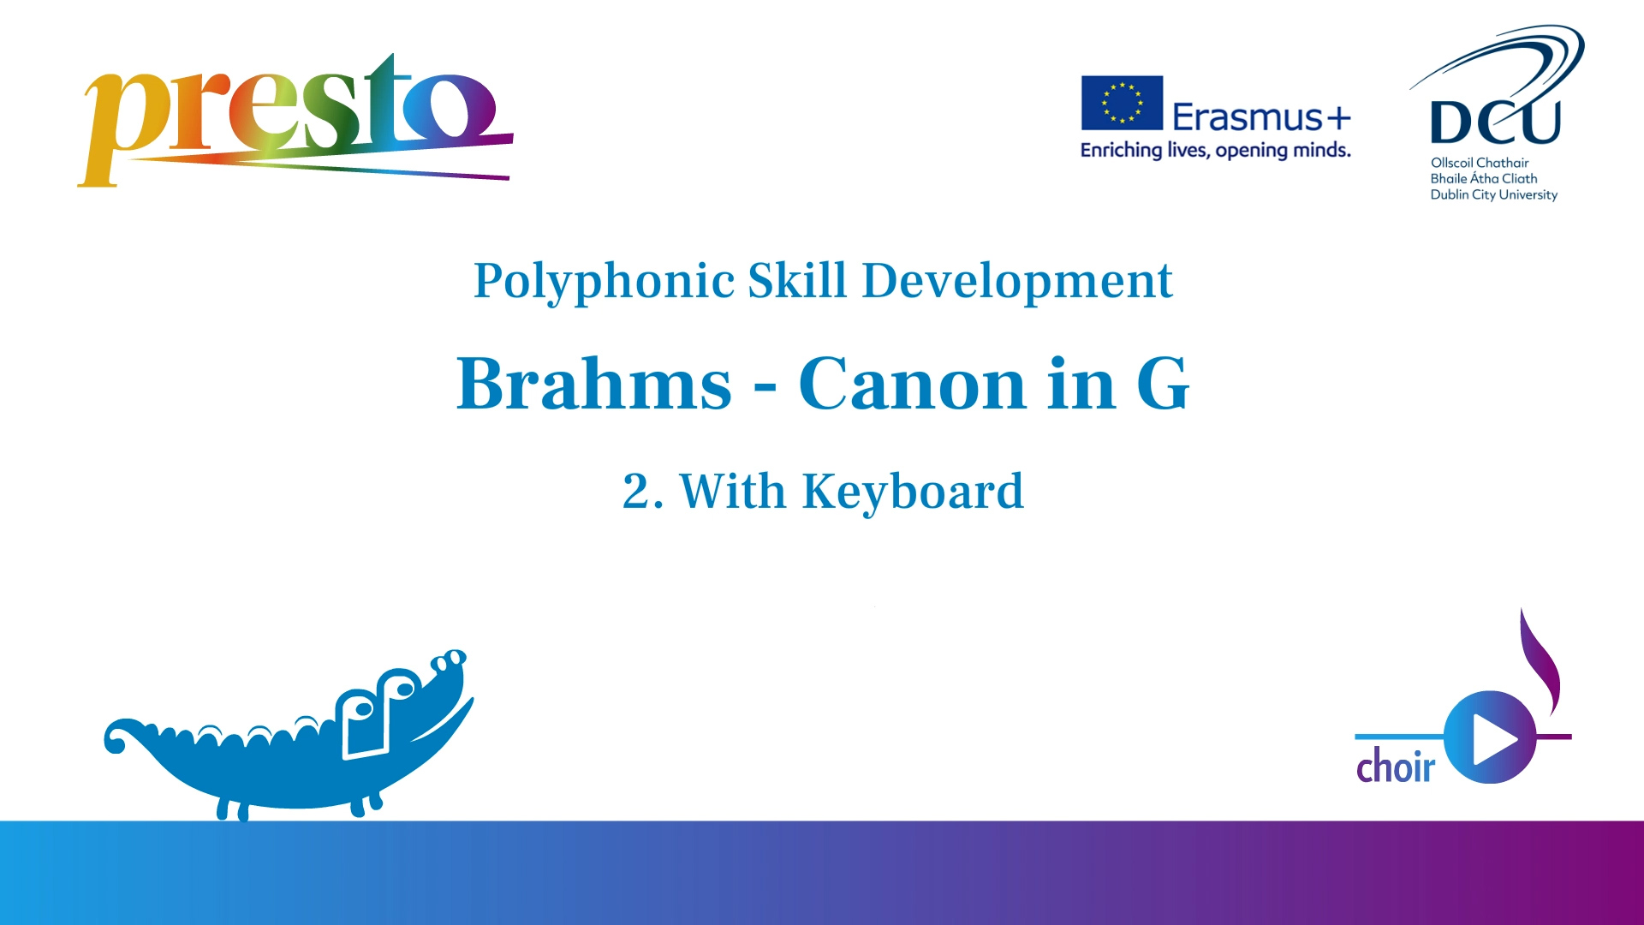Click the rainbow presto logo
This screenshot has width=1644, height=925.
(x=295, y=120)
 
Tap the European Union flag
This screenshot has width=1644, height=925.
(x=1122, y=103)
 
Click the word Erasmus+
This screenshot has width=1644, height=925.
(x=1261, y=116)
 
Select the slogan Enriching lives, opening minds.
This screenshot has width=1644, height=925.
(x=1215, y=151)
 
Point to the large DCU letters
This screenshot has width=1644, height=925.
(x=1495, y=122)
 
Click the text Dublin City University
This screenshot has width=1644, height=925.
(x=1493, y=195)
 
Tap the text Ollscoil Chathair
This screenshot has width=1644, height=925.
(x=1480, y=163)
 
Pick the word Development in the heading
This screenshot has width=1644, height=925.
(x=1017, y=281)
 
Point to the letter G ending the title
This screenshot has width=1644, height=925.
(x=1163, y=384)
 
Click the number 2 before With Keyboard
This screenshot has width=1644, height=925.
(x=636, y=492)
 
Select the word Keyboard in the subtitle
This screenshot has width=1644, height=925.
(x=913, y=492)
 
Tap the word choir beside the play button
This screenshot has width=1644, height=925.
(x=1396, y=765)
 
